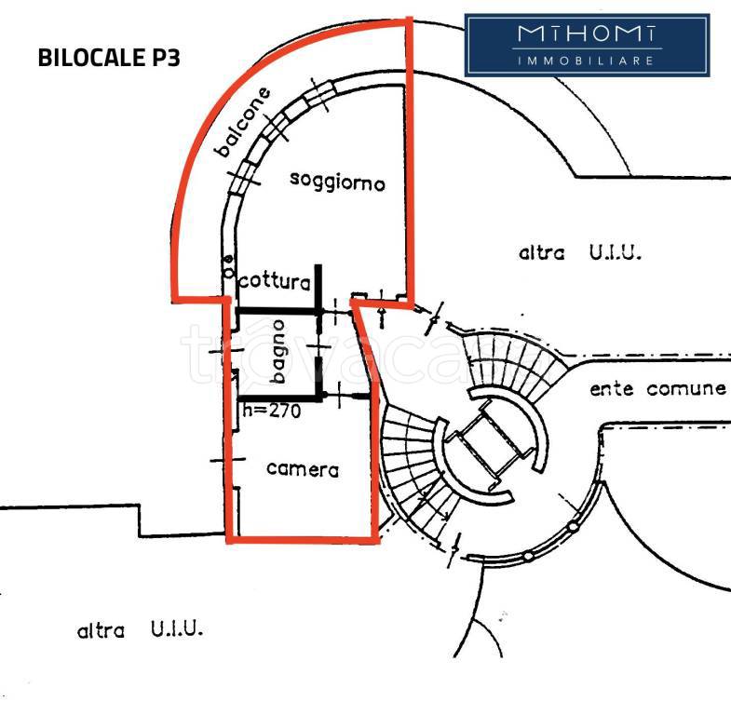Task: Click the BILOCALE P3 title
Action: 109,58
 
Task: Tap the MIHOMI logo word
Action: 587,34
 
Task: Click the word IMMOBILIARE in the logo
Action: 587,61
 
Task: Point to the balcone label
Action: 242,122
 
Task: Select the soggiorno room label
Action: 337,182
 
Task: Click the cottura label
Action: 275,281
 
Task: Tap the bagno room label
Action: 278,351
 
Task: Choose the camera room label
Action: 303,469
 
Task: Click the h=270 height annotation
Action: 272,411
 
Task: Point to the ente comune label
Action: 657,388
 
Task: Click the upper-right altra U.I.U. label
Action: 579,252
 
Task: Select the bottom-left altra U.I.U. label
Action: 140,629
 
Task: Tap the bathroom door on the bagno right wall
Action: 319,347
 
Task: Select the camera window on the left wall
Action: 228,460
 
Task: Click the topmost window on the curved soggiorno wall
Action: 319,96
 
